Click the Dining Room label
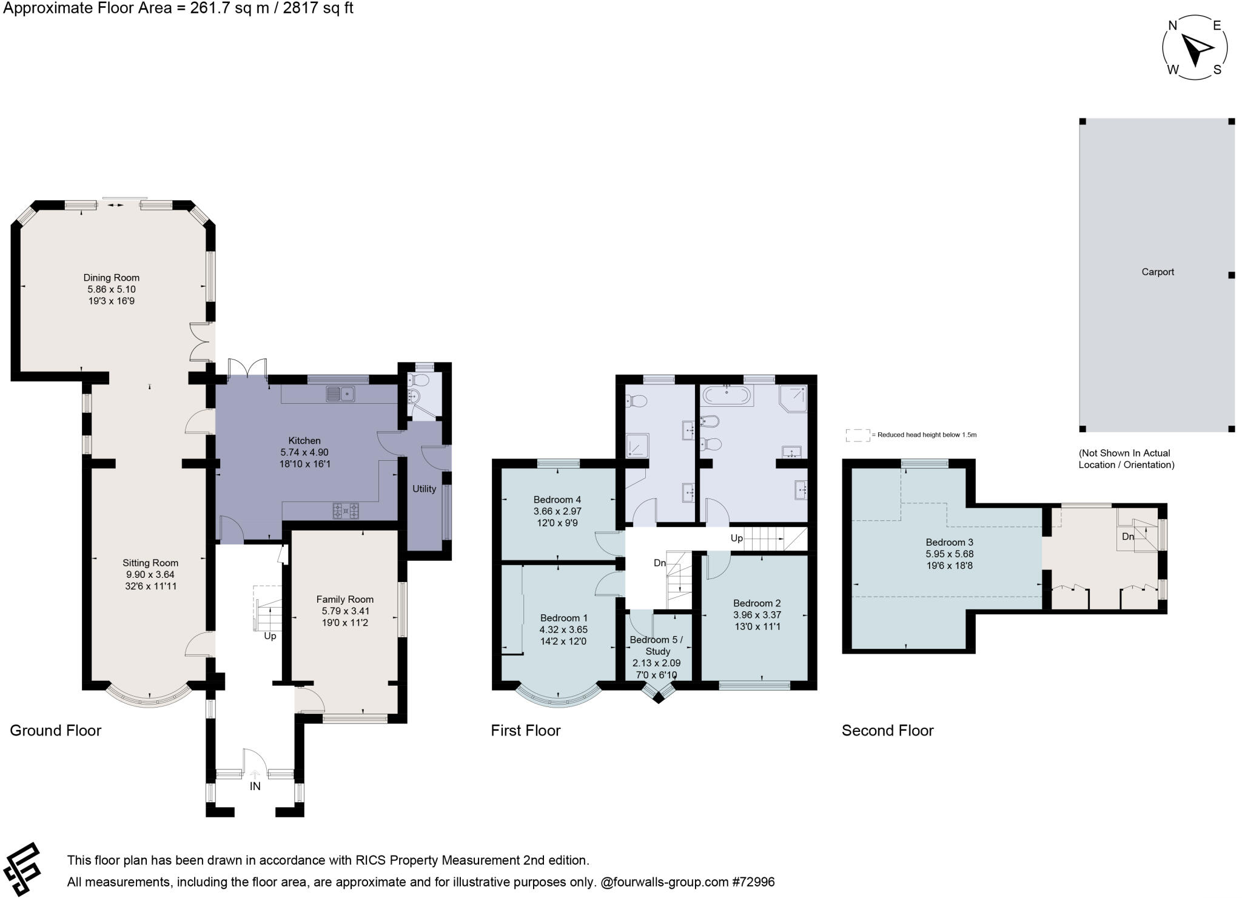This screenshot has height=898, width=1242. [112, 278]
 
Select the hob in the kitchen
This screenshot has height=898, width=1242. [346, 511]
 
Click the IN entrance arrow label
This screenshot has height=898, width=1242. [255, 786]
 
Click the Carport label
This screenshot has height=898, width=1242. [1158, 272]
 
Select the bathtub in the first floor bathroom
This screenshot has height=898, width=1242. [727, 396]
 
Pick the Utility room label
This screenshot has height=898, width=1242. [424, 489]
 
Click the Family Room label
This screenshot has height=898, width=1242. [344, 599]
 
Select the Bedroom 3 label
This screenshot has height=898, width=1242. [949, 542]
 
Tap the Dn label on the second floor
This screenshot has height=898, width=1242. [1127, 537]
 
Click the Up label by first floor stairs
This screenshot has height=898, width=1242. [736, 538]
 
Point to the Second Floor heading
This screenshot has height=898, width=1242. [887, 731]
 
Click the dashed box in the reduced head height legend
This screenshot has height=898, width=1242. [858, 435]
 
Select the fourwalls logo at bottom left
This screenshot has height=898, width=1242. [22, 869]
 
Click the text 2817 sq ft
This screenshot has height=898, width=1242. [320, 8]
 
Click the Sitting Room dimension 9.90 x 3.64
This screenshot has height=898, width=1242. [150, 574]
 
